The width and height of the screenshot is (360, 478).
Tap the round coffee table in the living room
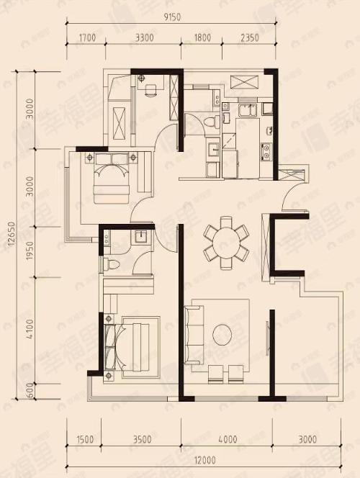point(221,333)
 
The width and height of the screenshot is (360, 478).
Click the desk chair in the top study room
point(151,91)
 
